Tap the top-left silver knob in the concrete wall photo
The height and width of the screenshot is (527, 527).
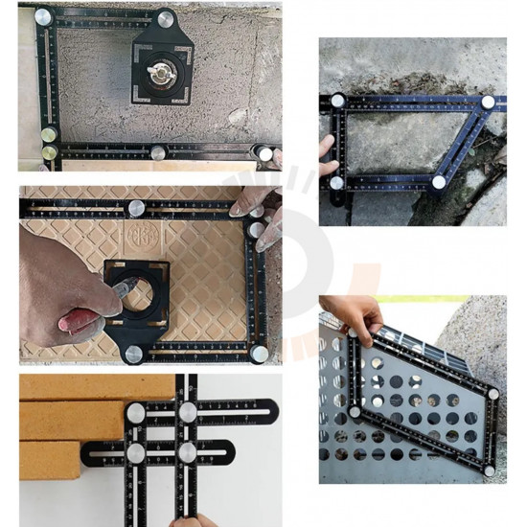(43, 16)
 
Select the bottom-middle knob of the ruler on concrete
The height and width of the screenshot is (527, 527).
(158, 152)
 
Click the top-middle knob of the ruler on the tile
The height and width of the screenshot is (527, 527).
(137, 206)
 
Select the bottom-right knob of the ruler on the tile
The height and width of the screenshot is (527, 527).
(259, 354)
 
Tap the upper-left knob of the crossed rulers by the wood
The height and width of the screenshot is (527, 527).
(137, 413)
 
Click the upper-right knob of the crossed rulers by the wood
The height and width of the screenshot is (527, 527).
(189, 412)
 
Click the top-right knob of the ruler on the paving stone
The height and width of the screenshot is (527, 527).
(488, 102)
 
